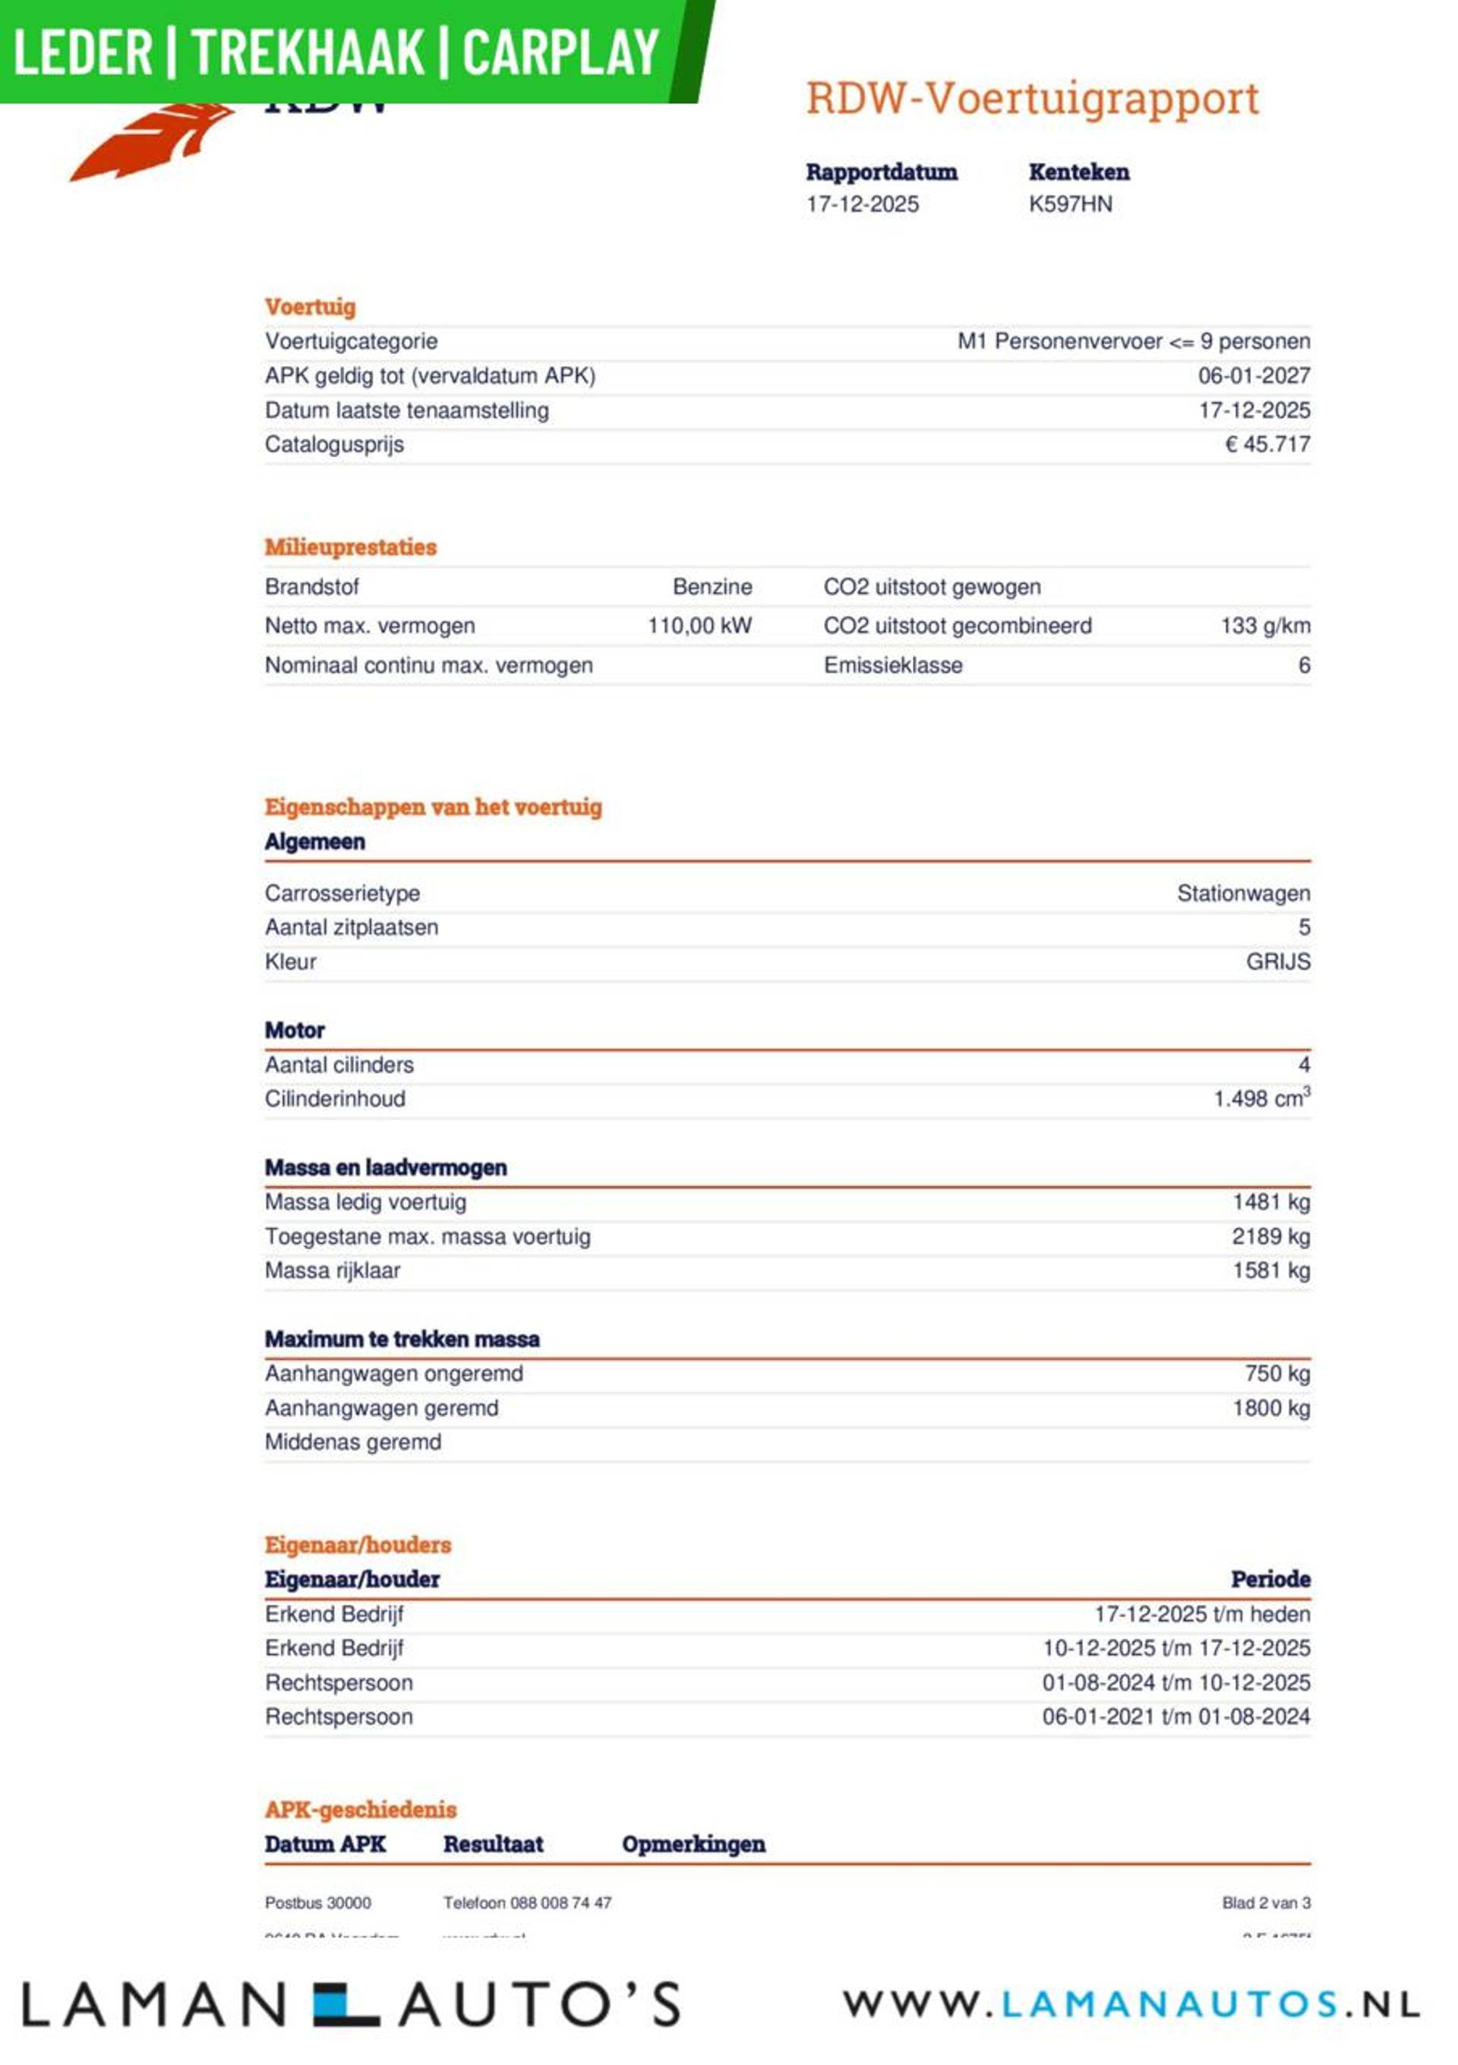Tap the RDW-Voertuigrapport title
point(1032,98)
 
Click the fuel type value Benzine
point(712,587)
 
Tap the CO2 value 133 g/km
point(1264,626)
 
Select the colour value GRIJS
point(1277,961)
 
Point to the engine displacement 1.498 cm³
point(1261,1098)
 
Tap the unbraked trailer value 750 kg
point(1277,1373)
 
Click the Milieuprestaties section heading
point(350,547)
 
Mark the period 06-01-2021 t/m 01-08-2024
point(1175,1716)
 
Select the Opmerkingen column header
point(693,1844)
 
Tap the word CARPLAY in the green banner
point(560,52)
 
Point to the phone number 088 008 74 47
point(560,1902)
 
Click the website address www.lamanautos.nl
point(1131,2003)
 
